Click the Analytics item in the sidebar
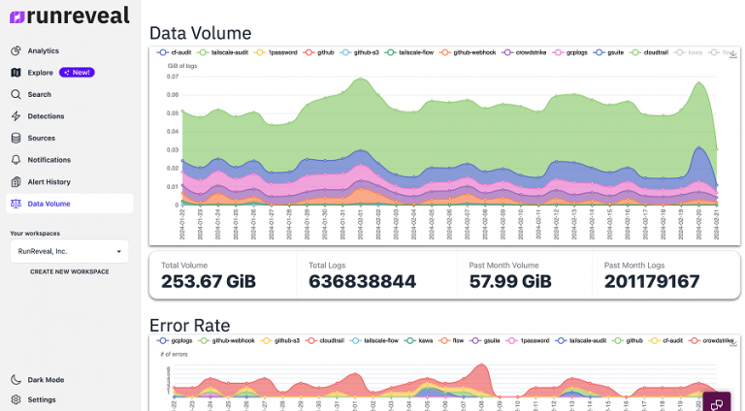[x=43, y=50]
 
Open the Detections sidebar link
[x=46, y=116]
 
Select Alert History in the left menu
[x=49, y=181]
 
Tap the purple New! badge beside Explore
[x=77, y=73]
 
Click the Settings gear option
[x=41, y=399]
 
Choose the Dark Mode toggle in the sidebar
[x=45, y=380]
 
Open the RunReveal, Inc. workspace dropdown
[x=68, y=251]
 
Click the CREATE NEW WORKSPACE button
[x=69, y=271]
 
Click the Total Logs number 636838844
[x=362, y=281]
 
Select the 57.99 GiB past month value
[x=496, y=281]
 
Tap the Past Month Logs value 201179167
[x=651, y=281]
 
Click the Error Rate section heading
[x=189, y=325]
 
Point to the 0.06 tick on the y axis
[x=173, y=94]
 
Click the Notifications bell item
[x=49, y=160]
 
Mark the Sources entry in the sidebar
[x=41, y=138]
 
